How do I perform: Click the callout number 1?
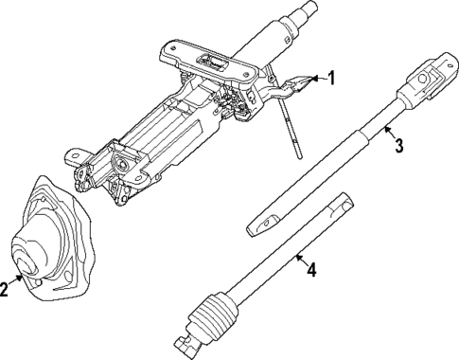pos(331,78)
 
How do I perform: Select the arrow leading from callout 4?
pos(301,256)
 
